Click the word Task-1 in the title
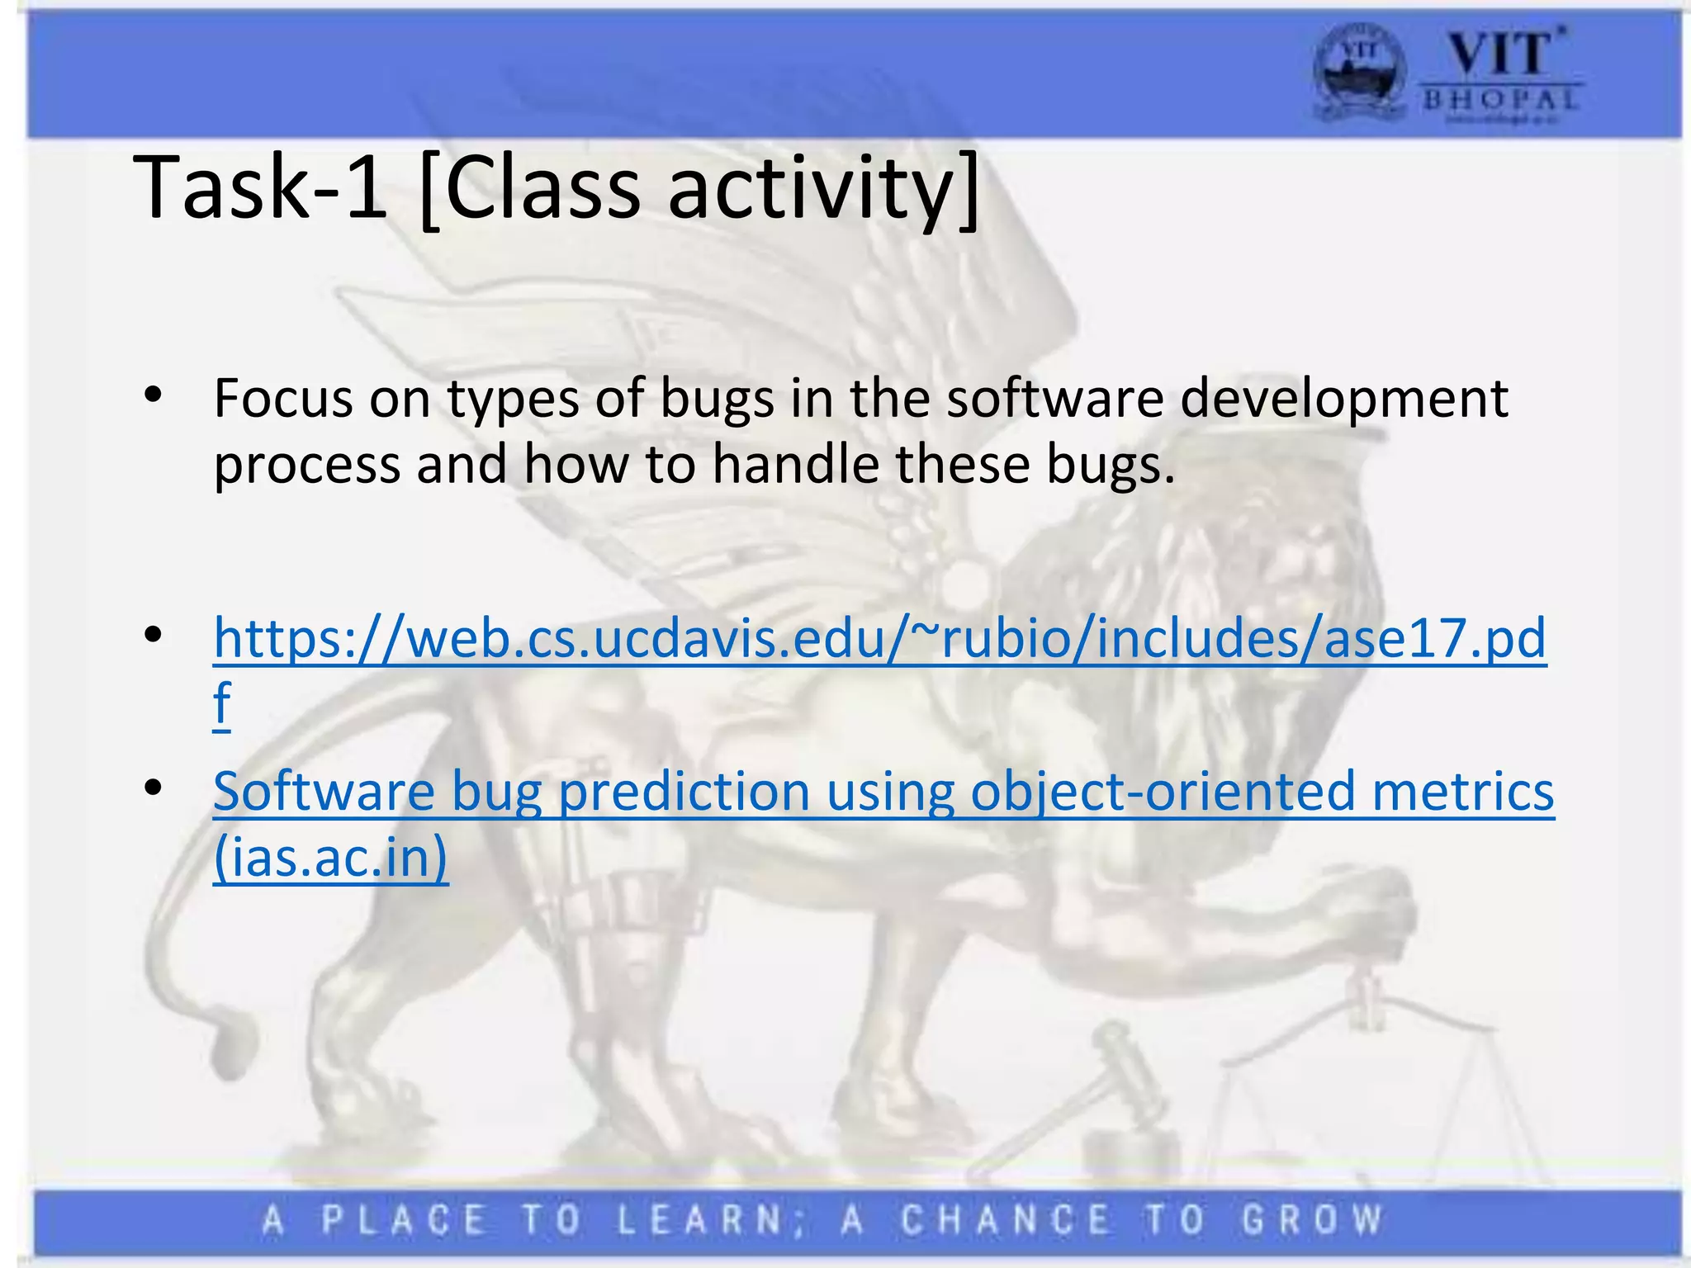tap(260, 188)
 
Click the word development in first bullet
tap(1343, 398)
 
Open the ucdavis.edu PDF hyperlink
tap(879, 638)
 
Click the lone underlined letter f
tap(221, 704)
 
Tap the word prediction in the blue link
tap(684, 791)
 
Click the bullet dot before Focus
tap(152, 398)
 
